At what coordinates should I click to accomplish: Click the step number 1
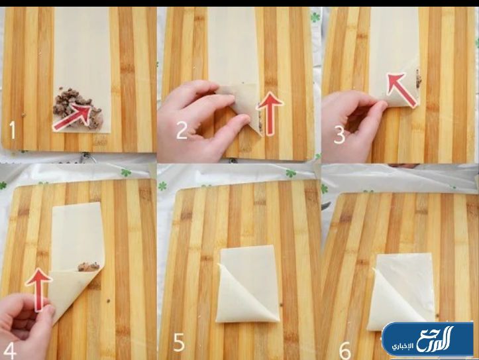pos(12,129)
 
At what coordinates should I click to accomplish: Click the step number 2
pos(182,130)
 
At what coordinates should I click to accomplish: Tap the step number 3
pos(339,135)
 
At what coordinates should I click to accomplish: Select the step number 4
pos(9,351)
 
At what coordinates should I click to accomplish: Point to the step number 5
pos(180,342)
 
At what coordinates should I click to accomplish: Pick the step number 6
pos(345,351)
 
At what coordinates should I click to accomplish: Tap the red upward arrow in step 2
pos(269,113)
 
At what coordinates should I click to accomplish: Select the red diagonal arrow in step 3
pos(401,90)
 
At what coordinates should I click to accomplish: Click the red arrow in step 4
pos(38,289)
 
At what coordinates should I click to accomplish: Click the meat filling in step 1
pos(77,107)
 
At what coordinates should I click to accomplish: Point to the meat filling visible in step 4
pos(89,267)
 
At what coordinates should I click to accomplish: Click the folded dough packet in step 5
pos(247,284)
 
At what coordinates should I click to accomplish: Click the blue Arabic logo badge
pos(427,339)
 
